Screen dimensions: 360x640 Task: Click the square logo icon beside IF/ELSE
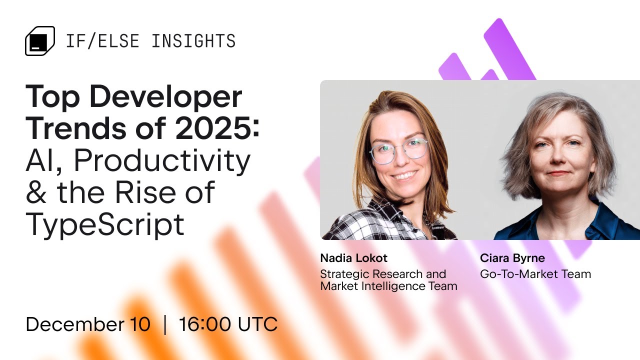(39, 40)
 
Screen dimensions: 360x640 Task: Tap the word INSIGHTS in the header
(193, 41)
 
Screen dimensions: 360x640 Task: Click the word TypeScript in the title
(105, 224)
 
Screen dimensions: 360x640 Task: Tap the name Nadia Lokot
(353, 258)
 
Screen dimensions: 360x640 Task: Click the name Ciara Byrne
(512, 258)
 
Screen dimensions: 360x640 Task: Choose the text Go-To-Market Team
(535, 274)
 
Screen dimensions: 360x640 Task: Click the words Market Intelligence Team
(388, 286)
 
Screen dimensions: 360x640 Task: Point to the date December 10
(88, 324)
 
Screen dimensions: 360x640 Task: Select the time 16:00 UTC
(228, 324)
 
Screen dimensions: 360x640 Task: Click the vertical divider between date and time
(164, 324)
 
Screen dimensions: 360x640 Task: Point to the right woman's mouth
(558, 173)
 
